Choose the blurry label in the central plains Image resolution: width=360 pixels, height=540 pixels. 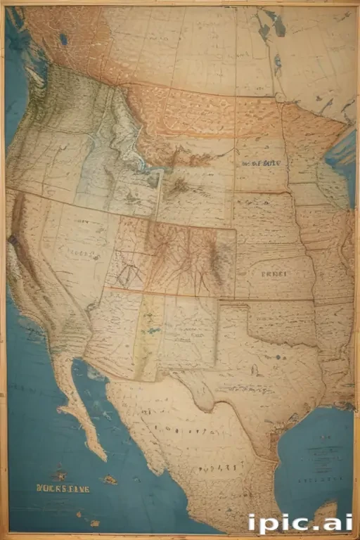tap(274, 274)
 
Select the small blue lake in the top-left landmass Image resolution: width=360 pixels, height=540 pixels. tap(63, 40)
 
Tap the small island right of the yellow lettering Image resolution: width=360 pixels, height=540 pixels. tap(110, 480)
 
